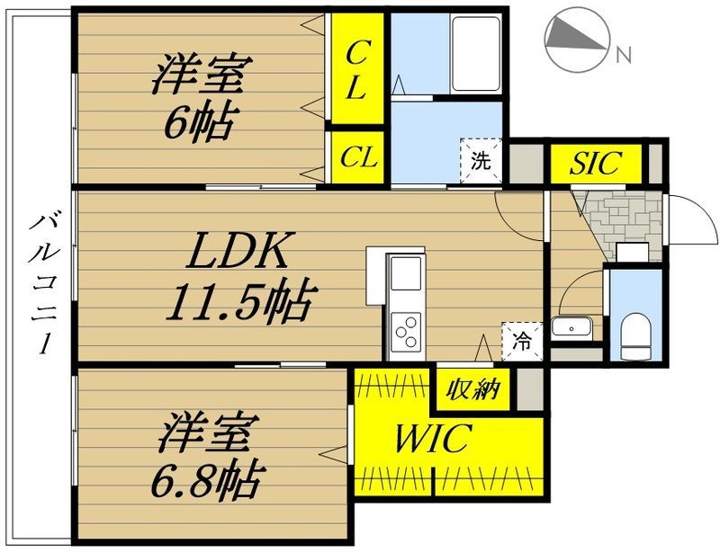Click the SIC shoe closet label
pyautogui.click(x=596, y=162)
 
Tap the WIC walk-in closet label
pyautogui.click(x=433, y=439)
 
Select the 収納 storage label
pyautogui.click(x=473, y=389)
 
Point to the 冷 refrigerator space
pyautogui.click(x=522, y=341)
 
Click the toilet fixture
pyautogui.click(x=636, y=336)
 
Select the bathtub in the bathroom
pyautogui.click(x=475, y=54)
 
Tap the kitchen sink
pyautogui.click(x=406, y=273)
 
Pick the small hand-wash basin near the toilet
pyautogui.click(x=571, y=327)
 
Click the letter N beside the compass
pyautogui.click(x=624, y=55)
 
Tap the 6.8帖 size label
pyautogui.click(x=208, y=480)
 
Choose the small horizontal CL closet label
pyautogui.click(x=358, y=157)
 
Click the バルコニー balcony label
pyautogui.click(x=42, y=284)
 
